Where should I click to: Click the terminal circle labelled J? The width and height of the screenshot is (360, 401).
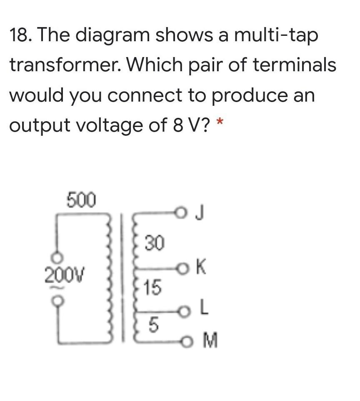tap(180, 212)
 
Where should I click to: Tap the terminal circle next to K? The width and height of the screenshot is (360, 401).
tap(182, 269)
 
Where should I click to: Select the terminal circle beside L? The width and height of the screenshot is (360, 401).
tap(184, 312)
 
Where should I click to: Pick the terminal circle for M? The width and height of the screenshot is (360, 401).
tap(187, 341)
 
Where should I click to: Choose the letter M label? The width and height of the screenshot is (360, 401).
tap(210, 340)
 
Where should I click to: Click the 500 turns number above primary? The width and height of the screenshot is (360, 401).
tap(81, 200)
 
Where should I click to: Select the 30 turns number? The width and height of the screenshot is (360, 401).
tap(154, 243)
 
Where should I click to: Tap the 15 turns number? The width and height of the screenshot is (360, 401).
tap(152, 287)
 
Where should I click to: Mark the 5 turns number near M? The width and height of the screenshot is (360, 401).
tap(153, 325)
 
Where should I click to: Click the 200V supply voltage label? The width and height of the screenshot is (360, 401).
tap(65, 275)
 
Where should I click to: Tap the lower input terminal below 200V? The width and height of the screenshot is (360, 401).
tap(57, 300)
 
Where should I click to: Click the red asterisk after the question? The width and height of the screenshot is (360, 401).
tap(220, 121)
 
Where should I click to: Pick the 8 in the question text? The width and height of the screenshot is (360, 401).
tap(178, 125)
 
